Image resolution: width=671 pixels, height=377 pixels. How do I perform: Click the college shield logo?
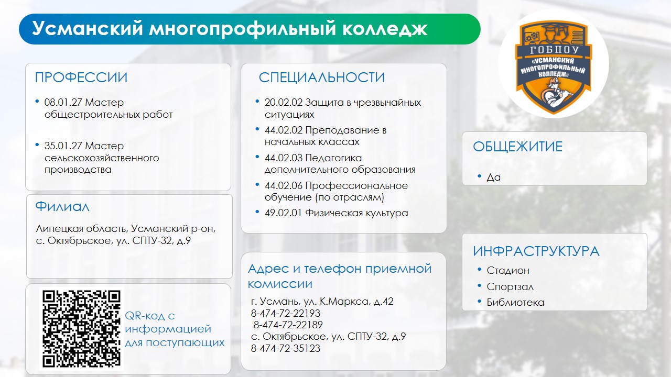pos(553,67)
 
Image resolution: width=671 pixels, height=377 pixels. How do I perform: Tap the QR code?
pos(81,329)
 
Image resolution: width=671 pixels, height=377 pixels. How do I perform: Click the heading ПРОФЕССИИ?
pos(81,77)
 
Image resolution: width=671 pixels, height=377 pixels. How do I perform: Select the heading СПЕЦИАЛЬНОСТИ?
pos(322,77)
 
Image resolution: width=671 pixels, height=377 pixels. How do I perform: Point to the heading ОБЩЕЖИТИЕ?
pos(517,147)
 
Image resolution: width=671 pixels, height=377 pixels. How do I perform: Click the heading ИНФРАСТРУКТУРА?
pos(536,251)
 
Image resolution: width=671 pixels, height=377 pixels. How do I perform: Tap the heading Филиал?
pos(62,206)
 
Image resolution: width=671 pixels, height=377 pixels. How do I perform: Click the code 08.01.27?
pos(63,102)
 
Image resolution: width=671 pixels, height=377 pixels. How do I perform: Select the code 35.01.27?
pos(63,146)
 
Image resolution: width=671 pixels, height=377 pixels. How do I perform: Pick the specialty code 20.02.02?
pos(284,102)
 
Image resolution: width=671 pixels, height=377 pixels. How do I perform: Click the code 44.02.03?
pos(284,158)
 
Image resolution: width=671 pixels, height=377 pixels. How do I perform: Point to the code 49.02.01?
pos(283,213)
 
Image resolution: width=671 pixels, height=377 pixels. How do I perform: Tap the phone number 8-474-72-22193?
pos(286,313)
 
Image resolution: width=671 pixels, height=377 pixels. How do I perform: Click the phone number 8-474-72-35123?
pos(286,349)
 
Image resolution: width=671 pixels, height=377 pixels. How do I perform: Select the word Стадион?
pos(508,271)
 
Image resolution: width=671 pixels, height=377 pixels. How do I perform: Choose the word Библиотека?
pos(515,302)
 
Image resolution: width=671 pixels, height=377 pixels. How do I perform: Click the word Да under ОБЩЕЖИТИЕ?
pos(494,178)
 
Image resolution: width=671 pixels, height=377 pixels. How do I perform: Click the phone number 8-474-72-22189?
pos(288,325)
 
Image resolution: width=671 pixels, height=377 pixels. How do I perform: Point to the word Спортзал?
pos(510,286)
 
